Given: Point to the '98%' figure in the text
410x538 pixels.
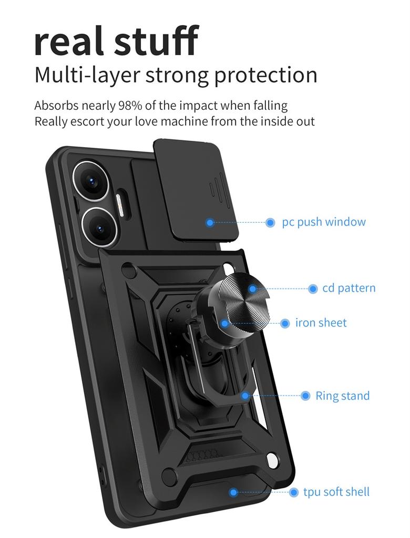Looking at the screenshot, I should point(130,105).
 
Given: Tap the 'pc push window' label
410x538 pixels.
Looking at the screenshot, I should point(324,222).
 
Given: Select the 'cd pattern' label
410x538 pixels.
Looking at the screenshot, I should point(349,288).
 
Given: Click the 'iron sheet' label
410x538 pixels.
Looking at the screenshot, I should point(321,323).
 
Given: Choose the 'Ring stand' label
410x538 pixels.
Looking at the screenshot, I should point(343,396).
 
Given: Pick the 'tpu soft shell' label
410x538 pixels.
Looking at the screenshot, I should point(336,492).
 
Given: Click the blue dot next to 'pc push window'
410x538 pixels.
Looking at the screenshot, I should point(270,222).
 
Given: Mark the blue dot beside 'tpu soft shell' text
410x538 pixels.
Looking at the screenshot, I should point(294,492).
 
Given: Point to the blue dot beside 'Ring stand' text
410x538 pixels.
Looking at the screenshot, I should point(305,396).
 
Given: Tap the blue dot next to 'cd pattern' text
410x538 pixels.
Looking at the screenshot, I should point(313,288).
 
